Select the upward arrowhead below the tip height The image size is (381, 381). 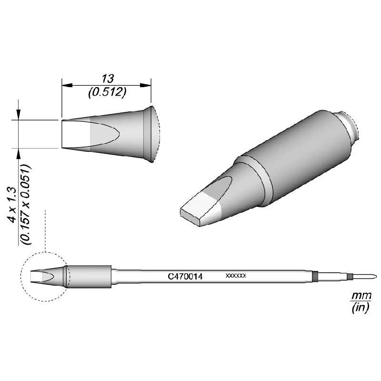pyautogui.click(x=18, y=152)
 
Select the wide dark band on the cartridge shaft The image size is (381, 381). pyautogui.click(x=315, y=276)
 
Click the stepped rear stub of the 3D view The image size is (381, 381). pyautogui.click(x=349, y=126)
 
